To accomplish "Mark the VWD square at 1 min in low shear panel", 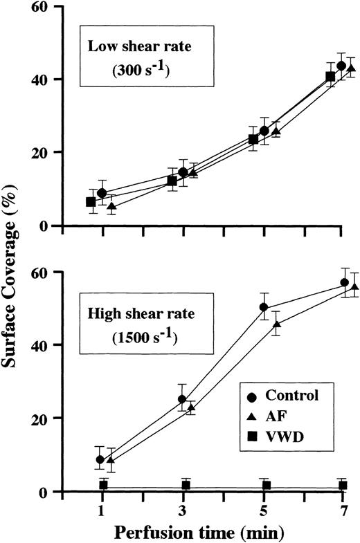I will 91,202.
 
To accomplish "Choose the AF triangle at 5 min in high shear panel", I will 277,324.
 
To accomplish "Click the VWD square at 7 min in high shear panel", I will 343,486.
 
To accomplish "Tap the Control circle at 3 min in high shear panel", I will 183,399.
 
